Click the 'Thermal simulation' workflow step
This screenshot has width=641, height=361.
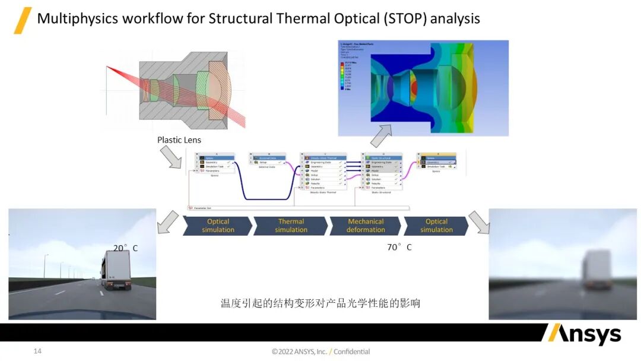pos(291,226)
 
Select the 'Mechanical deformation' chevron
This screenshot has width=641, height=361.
pos(366,226)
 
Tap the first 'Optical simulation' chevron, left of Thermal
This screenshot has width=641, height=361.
pos(218,226)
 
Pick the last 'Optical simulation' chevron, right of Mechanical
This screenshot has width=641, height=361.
pos(436,226)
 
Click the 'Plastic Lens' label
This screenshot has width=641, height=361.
pos(179,140)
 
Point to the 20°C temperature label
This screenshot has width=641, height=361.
pos(125,248)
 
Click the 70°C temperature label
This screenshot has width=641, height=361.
pos(399,247)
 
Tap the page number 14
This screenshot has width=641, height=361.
pos(37,351)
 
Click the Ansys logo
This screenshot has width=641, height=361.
pos(582,334)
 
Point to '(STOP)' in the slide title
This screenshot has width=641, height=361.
pos(405,18)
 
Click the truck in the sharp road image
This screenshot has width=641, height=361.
pos(116,270)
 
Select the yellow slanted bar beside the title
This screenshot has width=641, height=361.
pos(23,20)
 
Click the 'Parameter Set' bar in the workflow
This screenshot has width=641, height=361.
pos(297,208)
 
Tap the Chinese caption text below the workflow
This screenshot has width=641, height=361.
pos(320,303)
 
